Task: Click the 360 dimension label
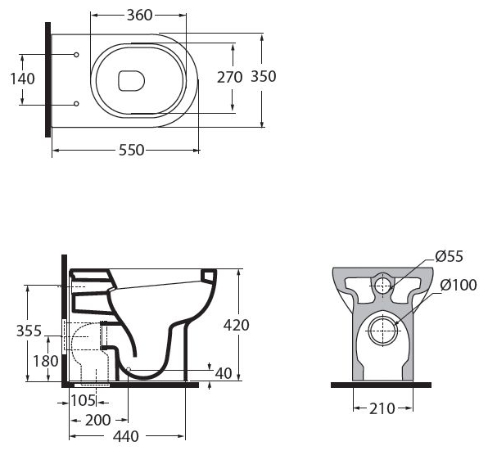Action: coord(139,15)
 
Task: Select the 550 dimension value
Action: coord(132,151)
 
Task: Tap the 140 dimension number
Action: coord(22,79)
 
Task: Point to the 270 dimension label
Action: coord(229,78)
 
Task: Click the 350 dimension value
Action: coord(264,76)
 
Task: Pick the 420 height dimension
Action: coord(236,326)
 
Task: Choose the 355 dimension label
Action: coord(29,331)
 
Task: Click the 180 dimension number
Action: coord(46,361)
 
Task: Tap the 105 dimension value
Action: coord(83,400)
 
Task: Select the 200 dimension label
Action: coord(97,420)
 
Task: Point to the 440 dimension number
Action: coord(126,436)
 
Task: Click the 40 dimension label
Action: coord(224,373)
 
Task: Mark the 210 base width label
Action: coord(382,408)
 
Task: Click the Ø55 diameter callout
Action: coord(449,257)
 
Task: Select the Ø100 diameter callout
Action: coord(459,285)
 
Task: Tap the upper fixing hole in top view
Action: coord(76,55)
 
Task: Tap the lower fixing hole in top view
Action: coord(76,104)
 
